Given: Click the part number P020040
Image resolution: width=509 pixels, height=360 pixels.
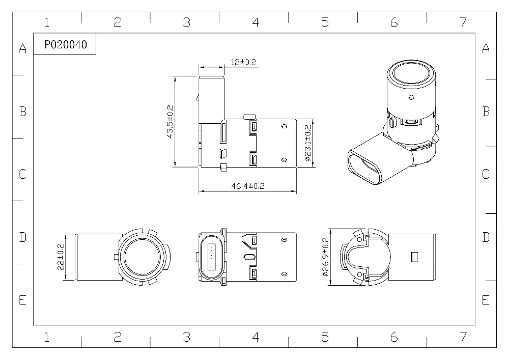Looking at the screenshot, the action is coord(66,44).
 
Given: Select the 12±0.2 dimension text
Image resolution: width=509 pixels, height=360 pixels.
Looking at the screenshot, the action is coord(243,62).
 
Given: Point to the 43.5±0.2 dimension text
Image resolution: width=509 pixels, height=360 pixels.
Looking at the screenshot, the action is coord(170,122).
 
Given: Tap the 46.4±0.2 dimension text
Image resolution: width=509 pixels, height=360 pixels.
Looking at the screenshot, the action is coord(248,186).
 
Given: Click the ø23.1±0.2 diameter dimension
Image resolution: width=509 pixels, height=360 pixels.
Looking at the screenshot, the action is coord(308,143).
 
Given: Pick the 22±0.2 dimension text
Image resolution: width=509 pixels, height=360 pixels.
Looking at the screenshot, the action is coord(61,257).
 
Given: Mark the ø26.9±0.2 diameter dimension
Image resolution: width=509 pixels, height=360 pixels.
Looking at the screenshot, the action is coord(326,257).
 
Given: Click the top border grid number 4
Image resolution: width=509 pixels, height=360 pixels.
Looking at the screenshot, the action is coord(256,22).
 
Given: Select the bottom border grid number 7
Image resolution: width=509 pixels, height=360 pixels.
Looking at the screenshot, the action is coord(463,337).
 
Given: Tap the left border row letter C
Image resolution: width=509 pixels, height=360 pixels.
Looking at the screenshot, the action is coord(22,174).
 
